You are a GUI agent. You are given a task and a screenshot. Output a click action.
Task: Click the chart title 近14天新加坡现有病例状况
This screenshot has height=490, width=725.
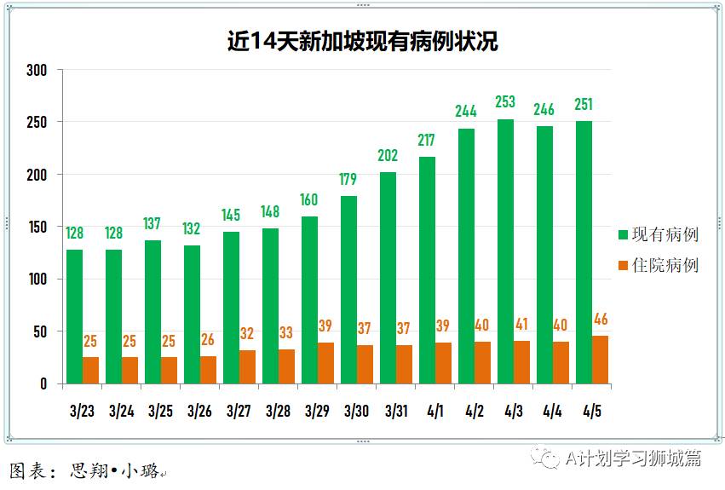(x=362, y=41)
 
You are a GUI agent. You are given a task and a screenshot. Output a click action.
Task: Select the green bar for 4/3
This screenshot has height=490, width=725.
(x=505, y=251)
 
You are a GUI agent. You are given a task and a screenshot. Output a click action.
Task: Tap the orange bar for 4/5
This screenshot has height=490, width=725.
(x=601, y=360)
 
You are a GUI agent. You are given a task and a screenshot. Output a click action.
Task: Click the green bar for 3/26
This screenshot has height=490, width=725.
(x=192, y=314)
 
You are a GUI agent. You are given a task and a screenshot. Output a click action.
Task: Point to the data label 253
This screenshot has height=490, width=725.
(x=505, y=102)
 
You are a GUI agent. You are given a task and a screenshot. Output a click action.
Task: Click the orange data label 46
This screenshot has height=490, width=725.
(x=601, y=320)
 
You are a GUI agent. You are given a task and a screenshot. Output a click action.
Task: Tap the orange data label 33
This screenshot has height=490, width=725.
(x=286, y=333)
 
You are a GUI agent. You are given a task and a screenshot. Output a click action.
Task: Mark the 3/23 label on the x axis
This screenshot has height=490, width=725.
(x=82, y=411)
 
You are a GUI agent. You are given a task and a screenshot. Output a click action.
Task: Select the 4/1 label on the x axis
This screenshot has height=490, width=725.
(x=434, y=411)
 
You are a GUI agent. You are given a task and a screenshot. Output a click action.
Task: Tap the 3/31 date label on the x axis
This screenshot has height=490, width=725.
(x=395, y=411)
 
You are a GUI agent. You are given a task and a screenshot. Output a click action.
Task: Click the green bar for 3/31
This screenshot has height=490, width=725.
(x=388, y=278)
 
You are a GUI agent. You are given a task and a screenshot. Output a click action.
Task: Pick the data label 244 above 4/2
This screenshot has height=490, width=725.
(x=466, y=111)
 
